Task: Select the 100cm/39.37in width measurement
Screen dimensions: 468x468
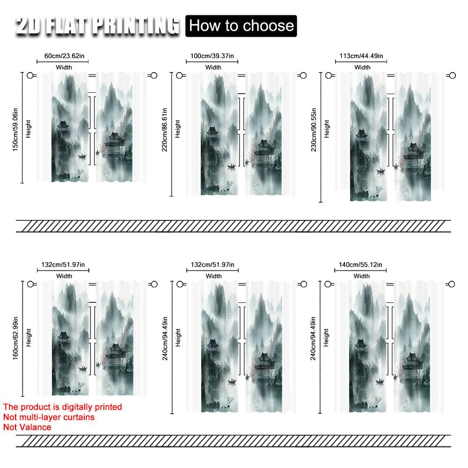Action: coord(213,56)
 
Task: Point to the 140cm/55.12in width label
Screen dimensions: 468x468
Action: coord(361,265)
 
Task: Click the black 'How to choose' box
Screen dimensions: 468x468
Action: coord(241,25)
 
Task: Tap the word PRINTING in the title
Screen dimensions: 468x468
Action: coord(136,26)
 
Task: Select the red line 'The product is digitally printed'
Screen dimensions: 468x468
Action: coord(62,407)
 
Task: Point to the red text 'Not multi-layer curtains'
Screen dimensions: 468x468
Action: coord(49,417)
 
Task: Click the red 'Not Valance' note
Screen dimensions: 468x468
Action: coord(27,427)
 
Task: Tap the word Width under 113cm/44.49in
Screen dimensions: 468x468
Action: coord(362,67)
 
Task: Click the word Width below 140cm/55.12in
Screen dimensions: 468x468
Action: coord(361,276)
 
